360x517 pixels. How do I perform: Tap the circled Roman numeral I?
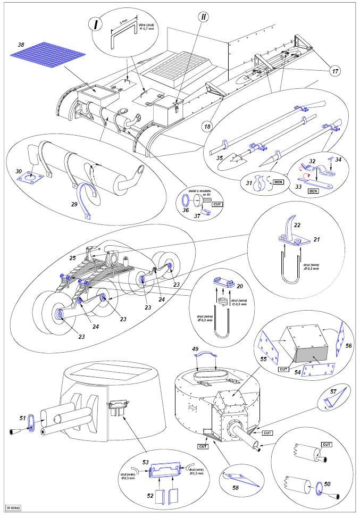point(96,24)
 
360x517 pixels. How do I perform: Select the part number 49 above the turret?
point(195,349)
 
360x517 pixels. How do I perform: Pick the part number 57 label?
point(333,392)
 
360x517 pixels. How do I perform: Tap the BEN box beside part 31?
point(279,182)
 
